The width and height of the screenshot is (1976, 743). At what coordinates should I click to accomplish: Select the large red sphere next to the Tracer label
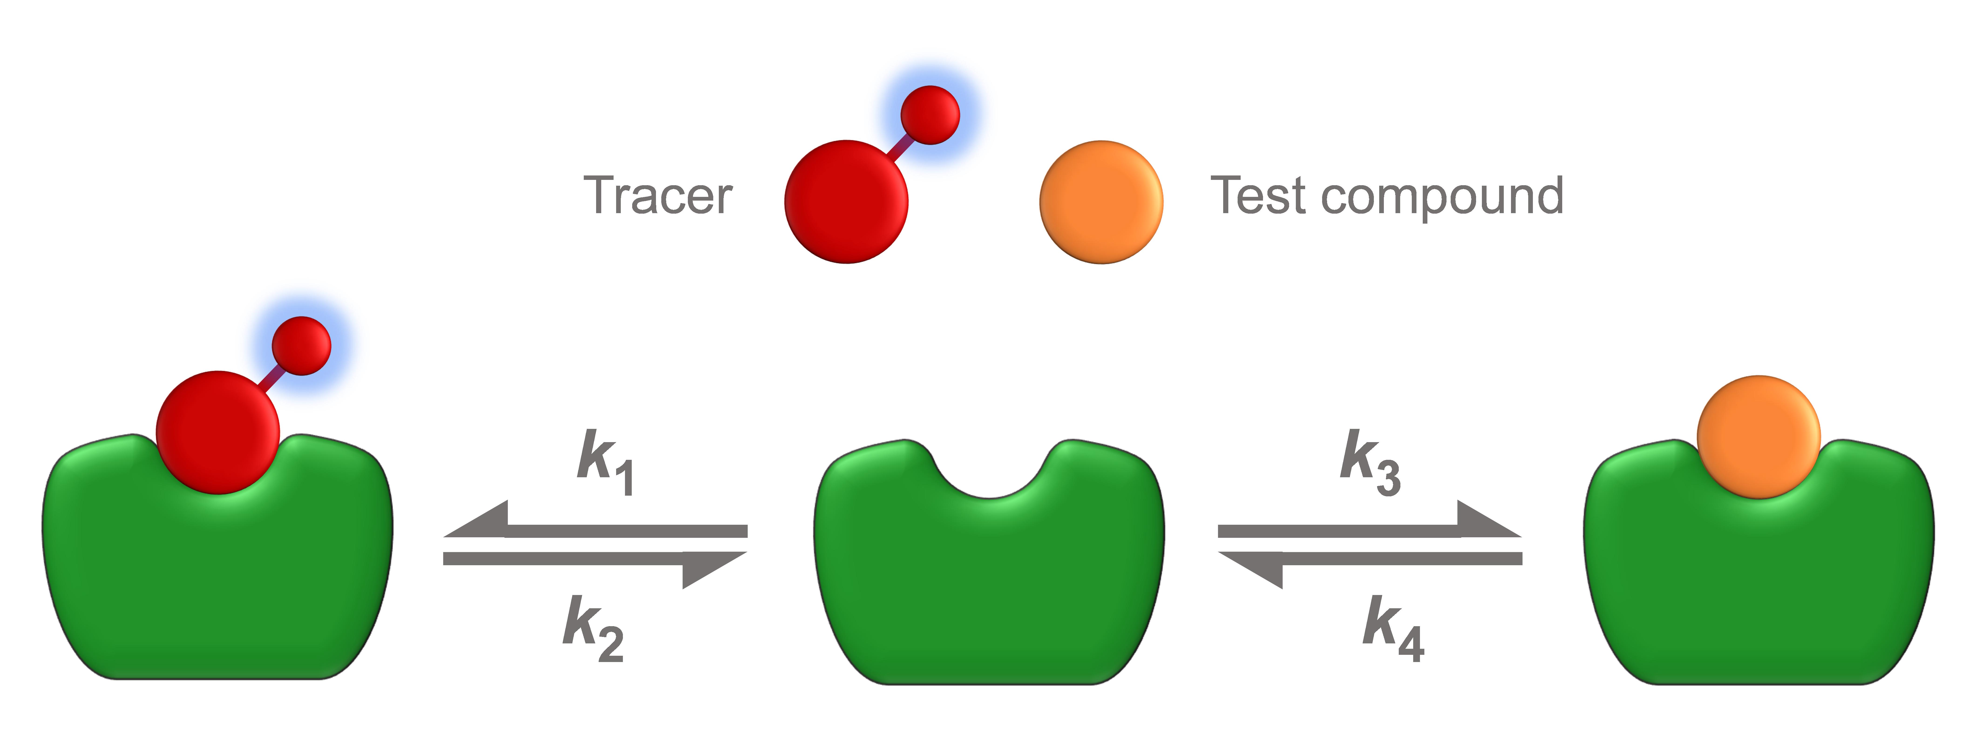click(x=846, y=202)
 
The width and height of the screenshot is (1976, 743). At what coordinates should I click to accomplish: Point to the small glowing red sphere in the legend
click(x=930, y=115)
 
